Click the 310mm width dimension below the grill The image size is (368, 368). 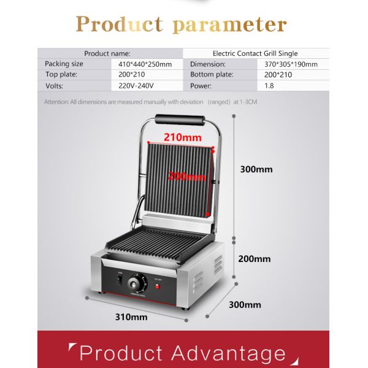[x=131, y=317]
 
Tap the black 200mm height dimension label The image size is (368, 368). [x=254, y=259]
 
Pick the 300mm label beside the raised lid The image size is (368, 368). [x=256, y=169]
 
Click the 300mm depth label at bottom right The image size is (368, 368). [x=245, y=305]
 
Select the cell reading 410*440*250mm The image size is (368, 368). [x=145, y=64]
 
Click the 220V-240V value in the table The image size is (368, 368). [x=136, y=86]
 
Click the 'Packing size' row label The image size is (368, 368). [x=64, y=64]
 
